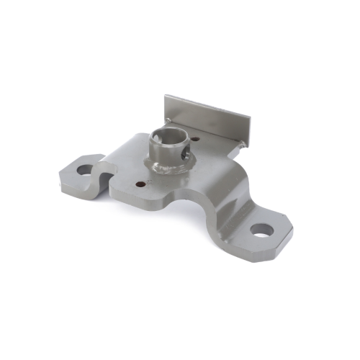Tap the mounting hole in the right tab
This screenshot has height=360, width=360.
click(262, 231)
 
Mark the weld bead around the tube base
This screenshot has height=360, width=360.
click(165, 170)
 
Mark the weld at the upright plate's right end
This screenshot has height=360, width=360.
click(244, 143)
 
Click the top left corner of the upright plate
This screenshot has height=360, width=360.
click(165, 96)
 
